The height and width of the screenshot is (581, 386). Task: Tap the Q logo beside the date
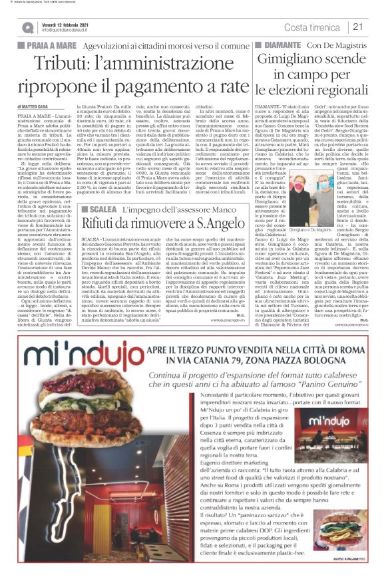point(29,27)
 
